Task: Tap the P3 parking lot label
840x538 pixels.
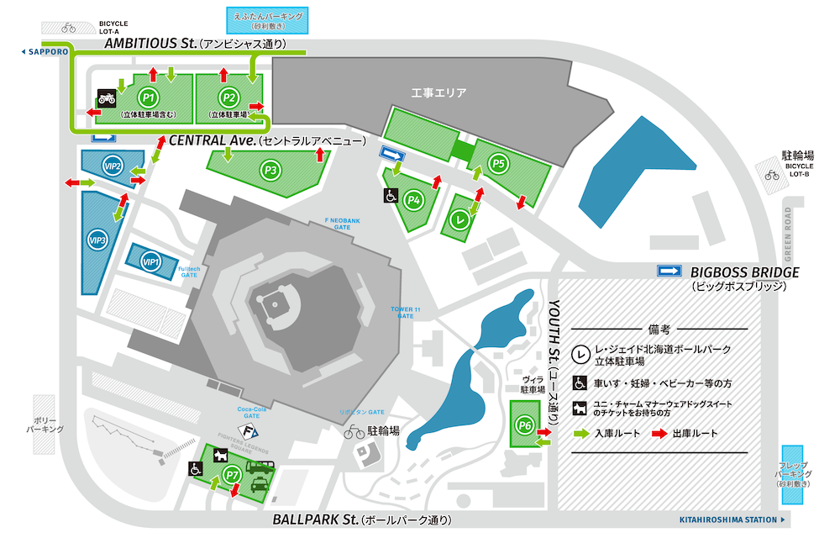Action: click(x=270, y=170)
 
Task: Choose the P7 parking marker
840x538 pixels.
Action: click(x=234, y=476)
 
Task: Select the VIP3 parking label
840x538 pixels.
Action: click(x=97, y=240)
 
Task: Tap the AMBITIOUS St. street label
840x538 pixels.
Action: click(x=150, y=43)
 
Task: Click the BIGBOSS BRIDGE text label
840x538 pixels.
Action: click(x=744, y=272)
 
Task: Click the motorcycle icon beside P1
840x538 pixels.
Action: click(x=107, y=98)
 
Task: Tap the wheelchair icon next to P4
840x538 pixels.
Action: click(x=391, y=195)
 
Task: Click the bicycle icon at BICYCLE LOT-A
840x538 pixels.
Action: click(x=68, y=27)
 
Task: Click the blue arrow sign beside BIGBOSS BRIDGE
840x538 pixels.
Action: click(x=669, y=271)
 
